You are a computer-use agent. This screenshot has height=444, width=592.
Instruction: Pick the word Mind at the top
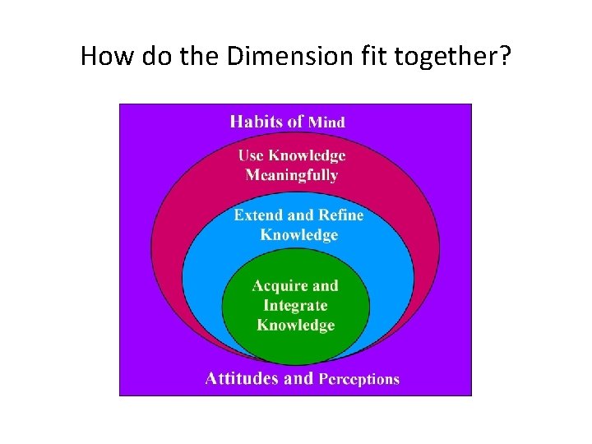tap(326, 122)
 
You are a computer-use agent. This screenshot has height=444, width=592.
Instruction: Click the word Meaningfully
tap(292, 174)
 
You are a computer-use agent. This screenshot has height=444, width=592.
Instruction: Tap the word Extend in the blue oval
tap(258, 215)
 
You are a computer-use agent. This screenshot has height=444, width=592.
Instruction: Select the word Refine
tap(340, 215)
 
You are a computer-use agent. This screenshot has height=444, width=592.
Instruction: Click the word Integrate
tap(295, 305)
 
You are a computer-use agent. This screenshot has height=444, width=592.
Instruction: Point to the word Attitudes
tap(242, 378)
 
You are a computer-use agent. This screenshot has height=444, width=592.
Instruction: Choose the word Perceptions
tap(358, 379)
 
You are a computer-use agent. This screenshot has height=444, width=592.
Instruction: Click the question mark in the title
tap(502, 56)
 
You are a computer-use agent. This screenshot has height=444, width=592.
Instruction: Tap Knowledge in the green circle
tap(295, 325)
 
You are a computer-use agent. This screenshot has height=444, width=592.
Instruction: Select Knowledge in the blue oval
tap(298, 235)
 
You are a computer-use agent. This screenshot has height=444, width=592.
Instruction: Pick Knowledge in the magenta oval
tap(308, 155)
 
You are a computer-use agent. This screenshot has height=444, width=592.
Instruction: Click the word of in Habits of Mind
tap(294, 121)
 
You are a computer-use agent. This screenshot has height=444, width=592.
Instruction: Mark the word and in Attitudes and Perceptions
tap(298, 378)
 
